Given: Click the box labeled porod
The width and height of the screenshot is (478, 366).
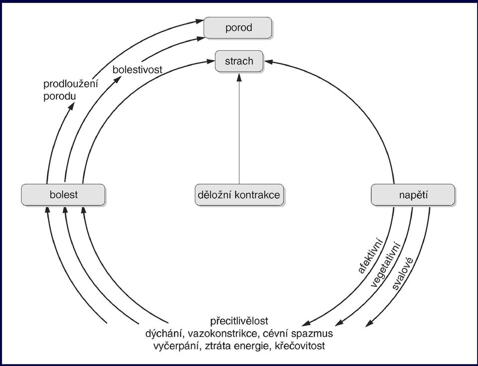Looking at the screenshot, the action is (x=238, y=28).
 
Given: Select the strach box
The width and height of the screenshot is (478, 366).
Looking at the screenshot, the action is (x=239, y=61).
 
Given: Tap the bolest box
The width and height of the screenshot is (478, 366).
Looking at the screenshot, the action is (x=63, y=195).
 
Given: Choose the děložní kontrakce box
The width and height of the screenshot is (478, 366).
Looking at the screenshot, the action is (x=239, y=195).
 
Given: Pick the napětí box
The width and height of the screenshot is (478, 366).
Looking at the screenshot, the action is (x=413, y=195).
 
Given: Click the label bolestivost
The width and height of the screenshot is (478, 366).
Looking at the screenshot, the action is (x=137, y=70).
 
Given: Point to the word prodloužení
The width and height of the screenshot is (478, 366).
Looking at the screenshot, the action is (x=71, y=84).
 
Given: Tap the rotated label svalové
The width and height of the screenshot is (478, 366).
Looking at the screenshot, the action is (x=403, y=273).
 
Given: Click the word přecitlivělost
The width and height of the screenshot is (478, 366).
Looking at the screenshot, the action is (x=239, y=321).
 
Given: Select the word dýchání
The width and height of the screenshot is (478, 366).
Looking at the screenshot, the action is (x=164, y=334).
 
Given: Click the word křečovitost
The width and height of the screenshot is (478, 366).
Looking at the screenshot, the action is (x=300, y=346).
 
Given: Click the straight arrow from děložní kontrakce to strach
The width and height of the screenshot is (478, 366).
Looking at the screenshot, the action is (x=239, y=128).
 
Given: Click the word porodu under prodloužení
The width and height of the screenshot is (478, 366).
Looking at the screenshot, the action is (x=59, y=97).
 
